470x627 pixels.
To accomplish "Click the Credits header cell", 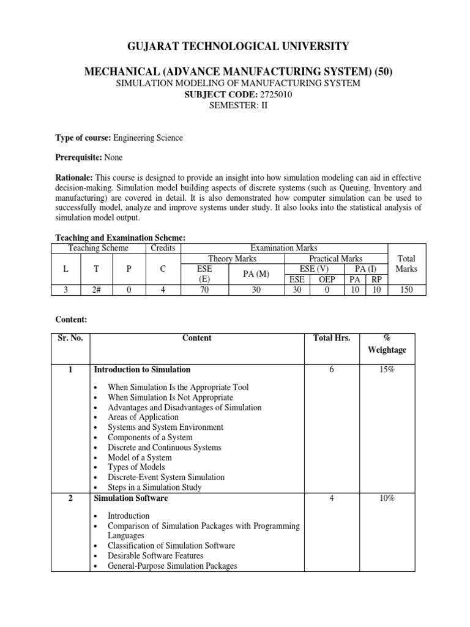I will coord(163,248).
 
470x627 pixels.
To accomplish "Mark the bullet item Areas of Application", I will coord(143,418).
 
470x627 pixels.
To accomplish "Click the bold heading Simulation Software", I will coord(130,498).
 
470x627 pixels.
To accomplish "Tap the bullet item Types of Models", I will coord(136,467).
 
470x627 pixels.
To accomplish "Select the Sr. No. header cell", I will coord(70,338).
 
